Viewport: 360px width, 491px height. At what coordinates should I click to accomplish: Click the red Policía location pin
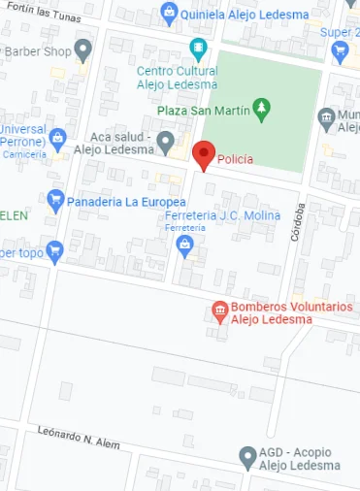pyautogui.click(x=203, y=153)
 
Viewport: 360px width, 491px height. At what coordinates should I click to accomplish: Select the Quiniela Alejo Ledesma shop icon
pyautogui.click(x=171, y=14)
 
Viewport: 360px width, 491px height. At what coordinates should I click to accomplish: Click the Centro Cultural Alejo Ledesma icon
pyautogui.click(x=199, y=48)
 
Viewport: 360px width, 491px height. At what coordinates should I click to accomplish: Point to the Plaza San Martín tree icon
pyautogui.click(x=260, y=109)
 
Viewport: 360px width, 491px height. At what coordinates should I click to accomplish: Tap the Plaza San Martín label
pyautogui.click(x=201, y=110)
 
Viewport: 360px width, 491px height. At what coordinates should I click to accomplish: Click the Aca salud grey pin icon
pyautogui.click(x=166, y=144)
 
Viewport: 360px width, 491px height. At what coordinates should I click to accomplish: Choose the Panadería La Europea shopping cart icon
pyautogui.click(x=55, y=202)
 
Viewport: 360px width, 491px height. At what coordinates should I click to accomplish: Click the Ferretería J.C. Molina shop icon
pyautogui.click(x=185, y=247)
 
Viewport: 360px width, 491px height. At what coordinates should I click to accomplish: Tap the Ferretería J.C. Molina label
pyautogui.click(x=223, y=215)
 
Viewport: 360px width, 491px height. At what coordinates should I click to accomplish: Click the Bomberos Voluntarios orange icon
pyautogui.click(x=220, y=311)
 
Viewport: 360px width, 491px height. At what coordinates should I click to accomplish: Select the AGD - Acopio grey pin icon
pyautogui.click(x=248, y=455)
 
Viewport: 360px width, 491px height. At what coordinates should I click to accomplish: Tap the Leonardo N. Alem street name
pyautogui.click(x=80, y=436)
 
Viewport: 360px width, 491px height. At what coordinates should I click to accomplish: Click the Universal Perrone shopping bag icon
pyautogui.click(x=58, y=140)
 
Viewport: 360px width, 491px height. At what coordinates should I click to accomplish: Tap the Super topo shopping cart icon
pyautogui.click(x=55, y=251)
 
